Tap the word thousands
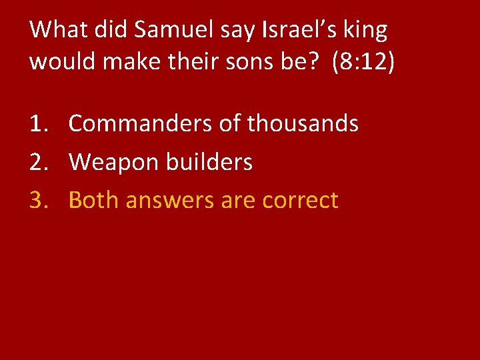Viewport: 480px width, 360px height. click(303, 123)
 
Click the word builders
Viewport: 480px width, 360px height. click(211, 162)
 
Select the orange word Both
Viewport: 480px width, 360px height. click(93, 200)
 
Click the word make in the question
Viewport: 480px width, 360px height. click(120, 61)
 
